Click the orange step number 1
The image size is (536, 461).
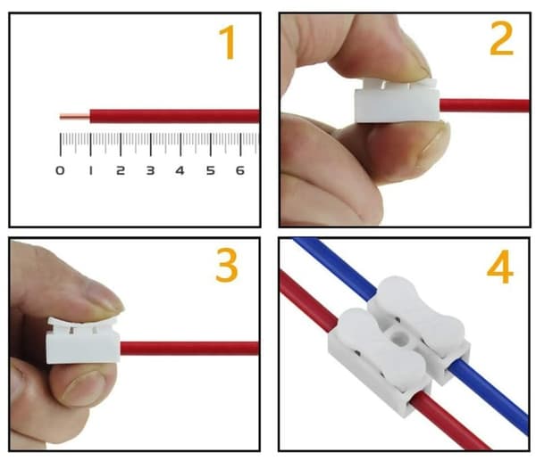(228, 42)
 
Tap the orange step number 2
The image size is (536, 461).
(502, 38)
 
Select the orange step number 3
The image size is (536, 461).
(227, 265)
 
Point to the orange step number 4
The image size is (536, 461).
(500, 267)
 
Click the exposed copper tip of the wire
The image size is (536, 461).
(75, 117)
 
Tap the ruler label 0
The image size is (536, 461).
(60, 170)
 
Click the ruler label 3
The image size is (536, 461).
(150, 170)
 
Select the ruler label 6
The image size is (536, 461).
(240, 170)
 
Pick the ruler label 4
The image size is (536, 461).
(180, 170)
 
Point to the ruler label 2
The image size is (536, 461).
(121, 170)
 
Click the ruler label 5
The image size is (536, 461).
(211, 170)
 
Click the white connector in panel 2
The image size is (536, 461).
(397, 102)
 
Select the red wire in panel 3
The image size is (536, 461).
(189, 349)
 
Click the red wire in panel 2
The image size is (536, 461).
(485, 105)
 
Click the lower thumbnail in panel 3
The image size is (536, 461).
(84, 387)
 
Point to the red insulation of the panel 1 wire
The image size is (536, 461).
(175, 116)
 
